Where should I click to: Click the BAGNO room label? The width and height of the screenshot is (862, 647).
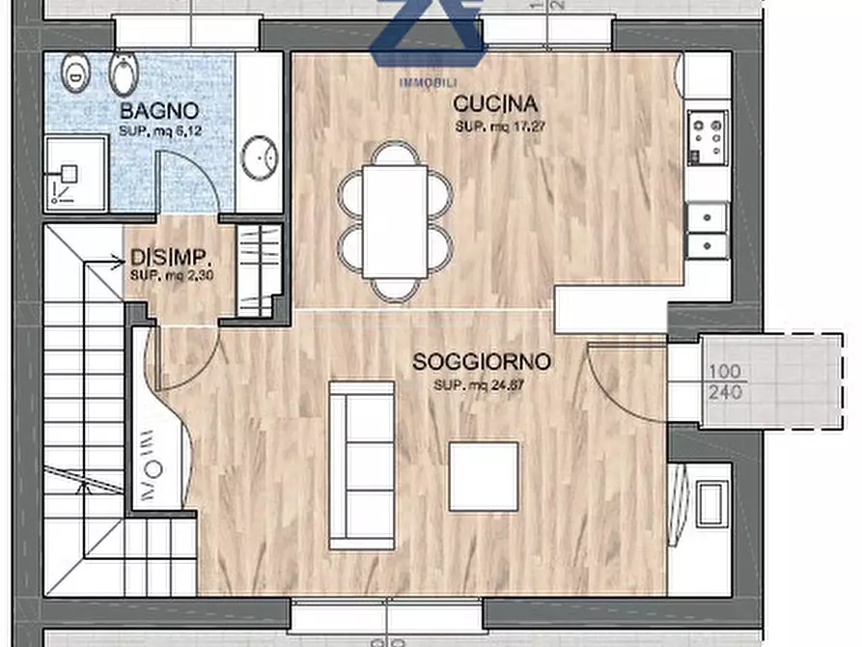(x=159, y=110)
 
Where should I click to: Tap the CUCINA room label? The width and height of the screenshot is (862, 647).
(x=495, y=104)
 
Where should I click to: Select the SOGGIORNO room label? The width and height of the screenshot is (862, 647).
(x=482, y=362)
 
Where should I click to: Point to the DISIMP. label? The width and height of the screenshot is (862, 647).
(x=171, y=259)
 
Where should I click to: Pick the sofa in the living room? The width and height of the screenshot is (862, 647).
(x=361, y=464)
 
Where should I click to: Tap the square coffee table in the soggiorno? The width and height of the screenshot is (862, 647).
(x=484, y=476)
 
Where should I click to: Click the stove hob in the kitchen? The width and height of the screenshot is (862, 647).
(x=708, y=137)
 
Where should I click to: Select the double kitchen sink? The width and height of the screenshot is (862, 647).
(x=708, y=230)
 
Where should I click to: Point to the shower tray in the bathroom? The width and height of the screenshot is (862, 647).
(x=75, y=174)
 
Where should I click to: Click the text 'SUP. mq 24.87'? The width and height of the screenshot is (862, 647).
(x=482, y=385)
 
